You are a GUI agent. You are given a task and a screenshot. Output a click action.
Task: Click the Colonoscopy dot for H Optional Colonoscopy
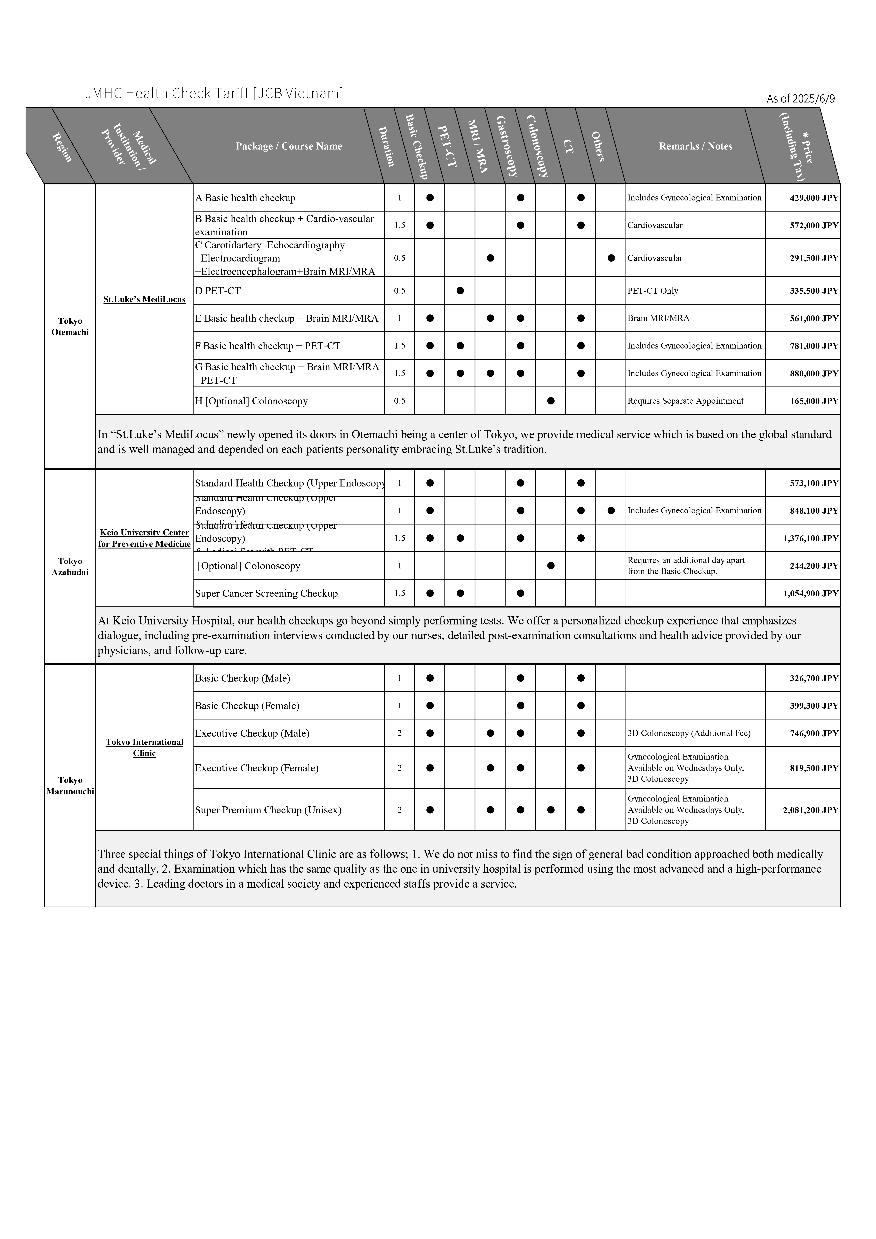coord(551,401)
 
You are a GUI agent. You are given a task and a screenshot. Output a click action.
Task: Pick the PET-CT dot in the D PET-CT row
coord(460,291)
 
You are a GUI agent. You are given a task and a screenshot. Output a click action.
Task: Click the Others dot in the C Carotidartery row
coord(611,258)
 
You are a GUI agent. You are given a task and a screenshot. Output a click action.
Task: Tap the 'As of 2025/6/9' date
coord(800,99)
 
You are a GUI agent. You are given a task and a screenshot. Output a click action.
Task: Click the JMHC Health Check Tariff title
coord(214,93)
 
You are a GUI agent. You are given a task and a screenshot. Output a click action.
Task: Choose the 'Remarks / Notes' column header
coord(695,146)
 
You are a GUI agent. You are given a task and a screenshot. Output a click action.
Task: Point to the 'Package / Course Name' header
coord(289,146)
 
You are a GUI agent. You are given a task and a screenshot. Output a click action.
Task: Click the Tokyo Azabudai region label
coord(70,567)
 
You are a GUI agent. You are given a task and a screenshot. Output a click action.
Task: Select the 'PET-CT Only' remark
coord(652,291)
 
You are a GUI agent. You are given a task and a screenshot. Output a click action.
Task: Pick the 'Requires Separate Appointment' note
coord(685,401)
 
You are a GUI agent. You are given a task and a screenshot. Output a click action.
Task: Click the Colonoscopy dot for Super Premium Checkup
coord(551,810)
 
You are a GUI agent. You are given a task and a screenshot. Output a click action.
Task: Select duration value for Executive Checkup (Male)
coord(399,733)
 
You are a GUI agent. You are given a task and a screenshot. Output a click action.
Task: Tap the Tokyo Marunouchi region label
coord(70,786)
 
